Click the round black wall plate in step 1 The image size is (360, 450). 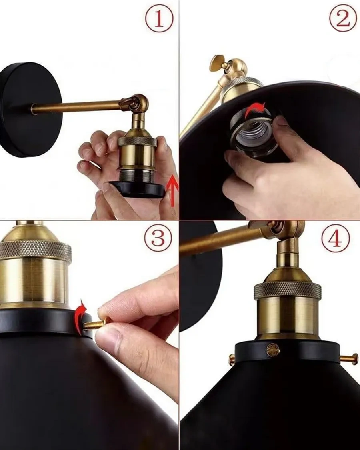(x=31, y=110)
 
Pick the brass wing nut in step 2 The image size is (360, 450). (x=218, y=62)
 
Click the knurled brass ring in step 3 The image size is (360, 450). (x=36, y=251)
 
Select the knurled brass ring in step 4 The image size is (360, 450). (x=287, y=290)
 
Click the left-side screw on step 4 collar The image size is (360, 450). (x=232, y=358)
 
